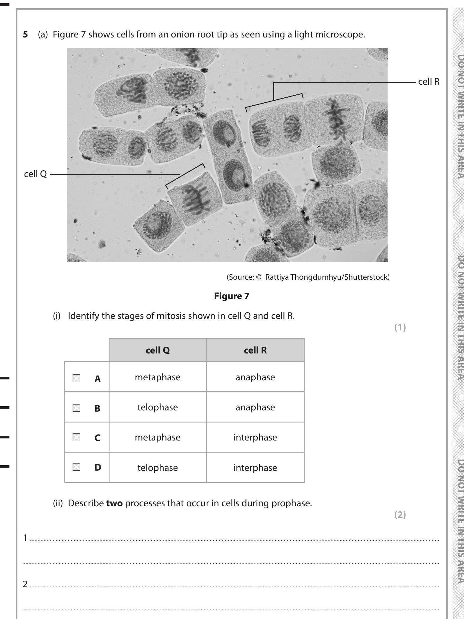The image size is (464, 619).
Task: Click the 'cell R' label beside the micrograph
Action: coord(429,82)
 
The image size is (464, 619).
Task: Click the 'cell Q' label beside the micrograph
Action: coord(35,174)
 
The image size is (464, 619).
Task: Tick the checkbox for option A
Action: coord(76,379)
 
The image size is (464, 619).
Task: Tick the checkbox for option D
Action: coord(76,467)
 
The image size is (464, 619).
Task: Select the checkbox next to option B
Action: coord(76,408)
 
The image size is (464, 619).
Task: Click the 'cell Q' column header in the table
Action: coord(158,350)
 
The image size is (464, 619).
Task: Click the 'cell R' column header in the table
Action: coord(255,350)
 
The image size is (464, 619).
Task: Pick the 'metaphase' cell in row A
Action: coord(158,377)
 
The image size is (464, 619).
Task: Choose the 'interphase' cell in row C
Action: coord(255,437)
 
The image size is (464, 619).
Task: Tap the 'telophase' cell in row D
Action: coord(158,468)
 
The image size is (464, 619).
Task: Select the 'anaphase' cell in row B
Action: coord(255,407)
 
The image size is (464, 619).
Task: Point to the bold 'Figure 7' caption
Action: coord(232,296)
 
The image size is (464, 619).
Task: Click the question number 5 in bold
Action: coord(26,35)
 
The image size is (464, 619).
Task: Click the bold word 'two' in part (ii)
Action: coord(114,503)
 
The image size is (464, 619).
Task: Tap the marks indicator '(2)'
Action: coord(400,515)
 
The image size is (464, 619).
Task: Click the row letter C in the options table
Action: coord(97,438)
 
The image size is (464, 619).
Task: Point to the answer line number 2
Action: coord(25,584)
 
